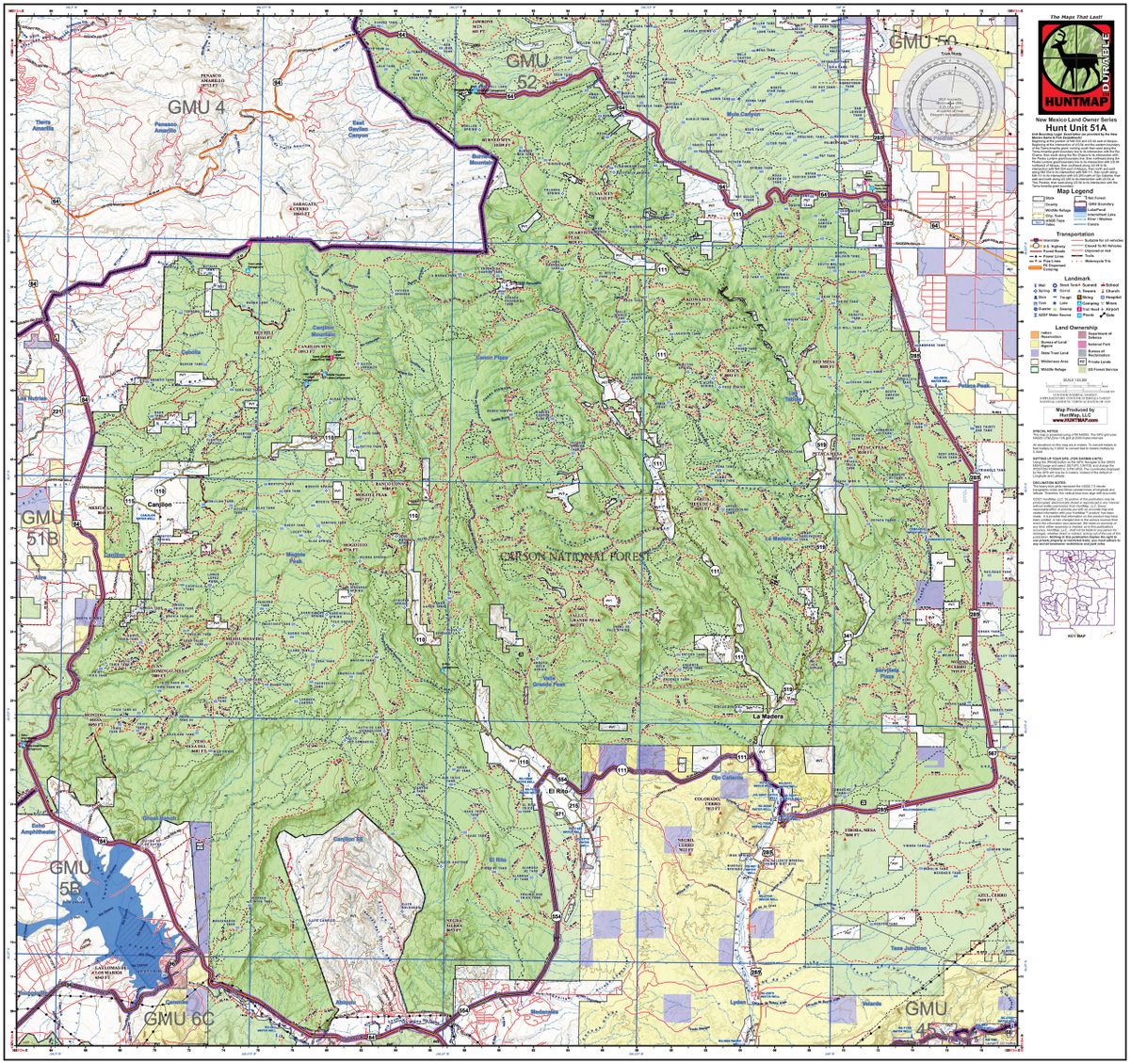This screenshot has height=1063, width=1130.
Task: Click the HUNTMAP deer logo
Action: pyautogui.click(x=1074, y=66)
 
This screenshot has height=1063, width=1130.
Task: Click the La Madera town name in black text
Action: pyautogui.click(x=770, y=717)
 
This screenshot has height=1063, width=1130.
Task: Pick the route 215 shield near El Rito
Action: pyautogui.click(x=573, y=807)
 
